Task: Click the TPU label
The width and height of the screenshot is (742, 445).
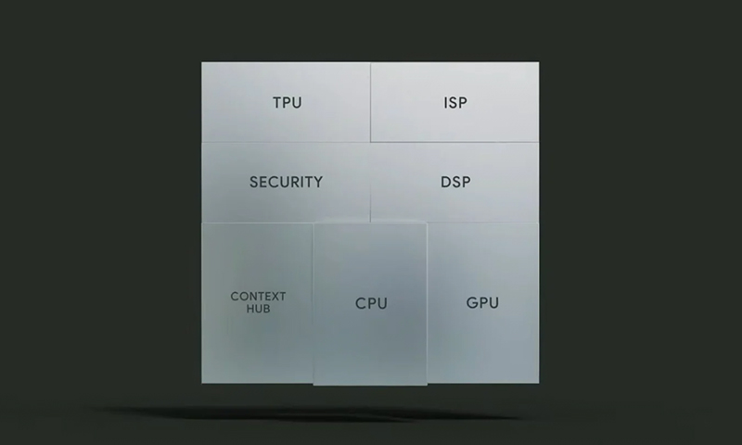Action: point(288,103)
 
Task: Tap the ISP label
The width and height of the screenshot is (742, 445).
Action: point(455,103)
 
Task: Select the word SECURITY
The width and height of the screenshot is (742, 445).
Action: point(287,182)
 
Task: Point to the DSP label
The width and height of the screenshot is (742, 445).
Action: point(455,182)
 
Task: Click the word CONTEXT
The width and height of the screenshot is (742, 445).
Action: point(259,297)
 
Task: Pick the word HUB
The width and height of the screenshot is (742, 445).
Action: point(259,309)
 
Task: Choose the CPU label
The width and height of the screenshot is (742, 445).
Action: point(372,303)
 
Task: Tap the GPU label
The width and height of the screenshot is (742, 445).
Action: point(482,302)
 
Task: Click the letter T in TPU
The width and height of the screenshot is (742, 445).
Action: point(277,103)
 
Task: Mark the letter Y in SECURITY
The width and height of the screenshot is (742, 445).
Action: point(318,182)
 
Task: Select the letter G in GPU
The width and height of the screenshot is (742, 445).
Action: point(472,302)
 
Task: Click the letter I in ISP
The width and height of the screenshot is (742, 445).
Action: point(445,103)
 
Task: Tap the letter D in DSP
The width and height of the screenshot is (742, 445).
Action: point(445,182)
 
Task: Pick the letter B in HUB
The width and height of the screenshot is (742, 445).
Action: point(267,309)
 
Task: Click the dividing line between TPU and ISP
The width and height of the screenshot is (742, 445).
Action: point(370,102)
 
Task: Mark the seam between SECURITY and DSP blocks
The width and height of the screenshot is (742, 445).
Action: point(370,182)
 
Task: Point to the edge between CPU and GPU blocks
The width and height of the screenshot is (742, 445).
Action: point(427,303)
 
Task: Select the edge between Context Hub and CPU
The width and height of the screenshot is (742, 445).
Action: point(313,303)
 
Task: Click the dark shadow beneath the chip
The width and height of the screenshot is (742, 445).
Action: point(303,413)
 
